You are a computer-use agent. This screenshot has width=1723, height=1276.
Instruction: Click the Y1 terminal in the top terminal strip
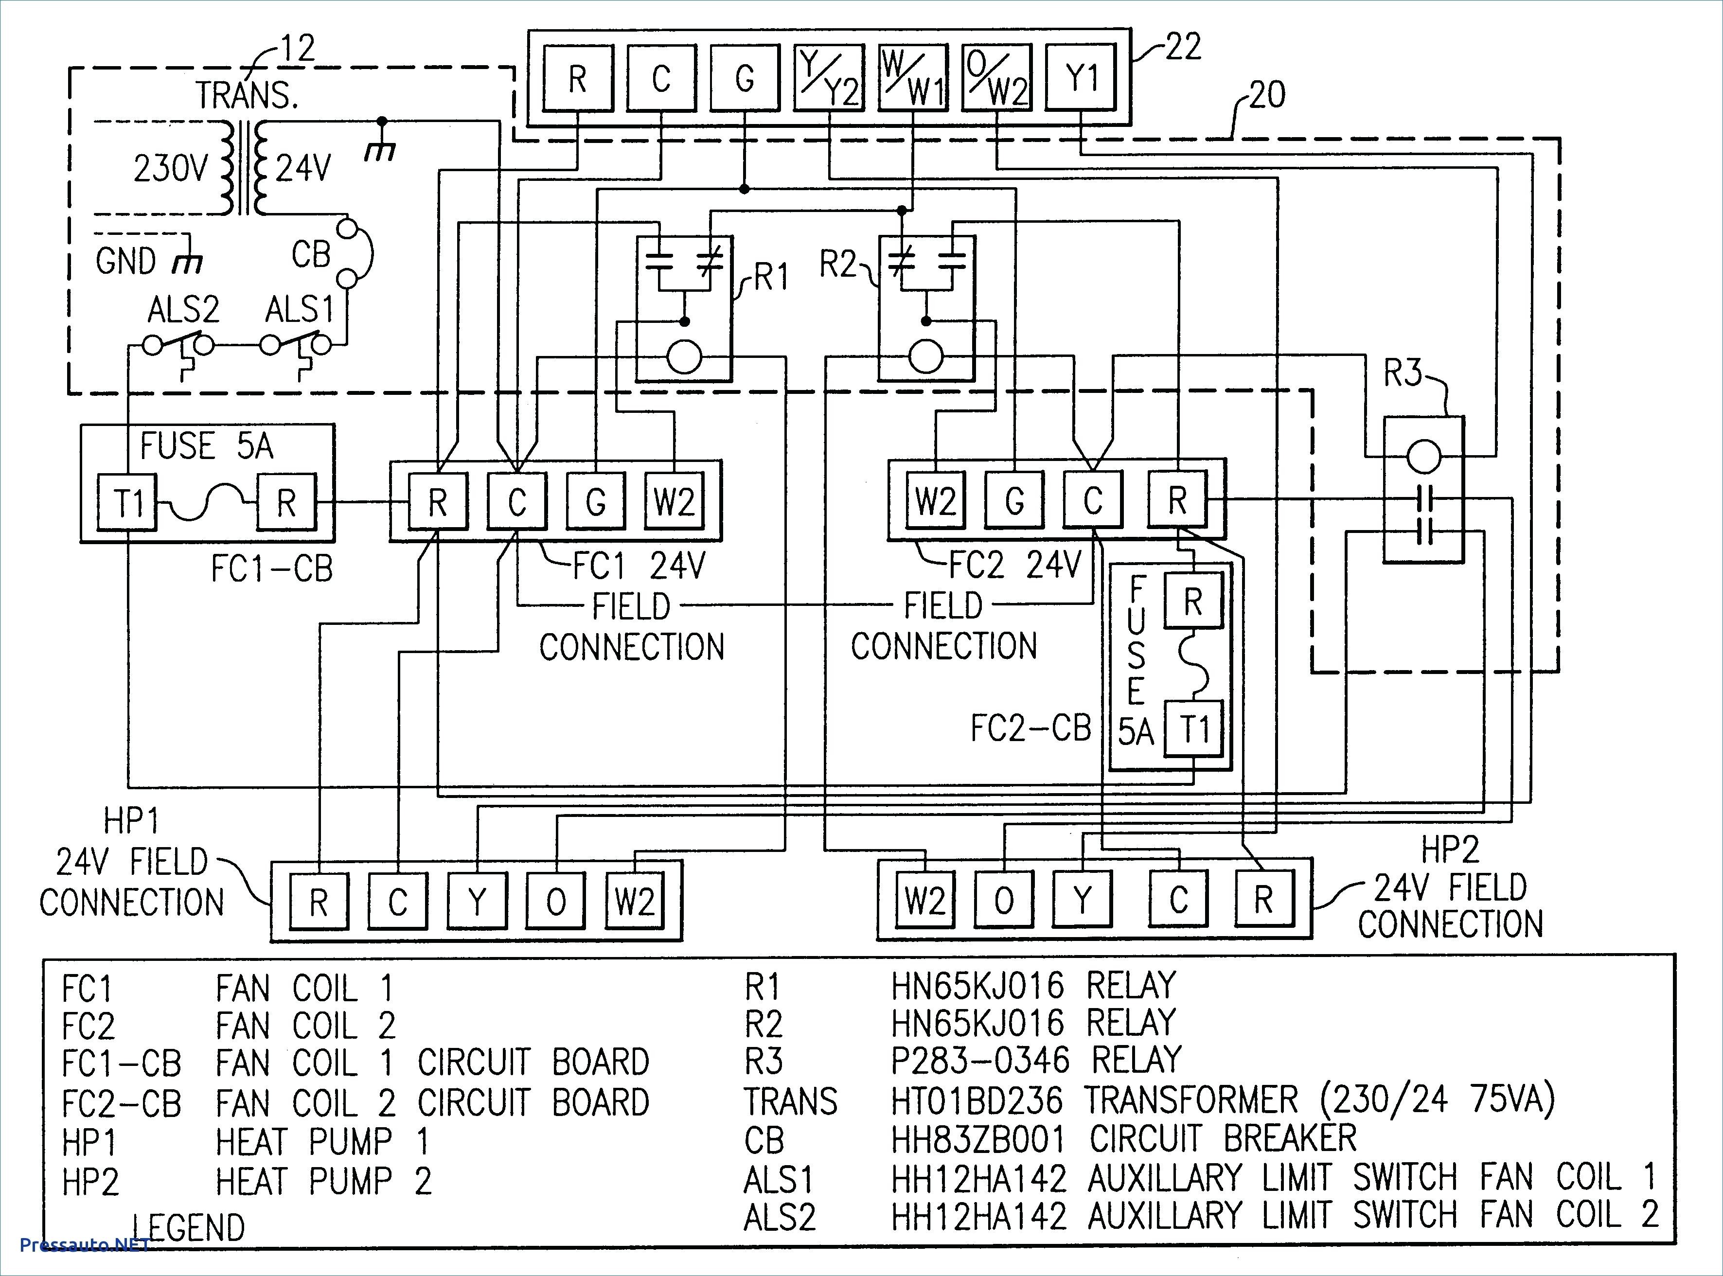point(1079,77)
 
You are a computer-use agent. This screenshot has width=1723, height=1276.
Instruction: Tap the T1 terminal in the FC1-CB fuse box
point(128,503)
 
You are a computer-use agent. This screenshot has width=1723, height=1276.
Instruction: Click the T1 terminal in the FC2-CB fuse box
point(1193,728)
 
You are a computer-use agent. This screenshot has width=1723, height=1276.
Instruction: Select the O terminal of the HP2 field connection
point(1004,899)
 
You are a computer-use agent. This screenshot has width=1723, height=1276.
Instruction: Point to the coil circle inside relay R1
point(683,357)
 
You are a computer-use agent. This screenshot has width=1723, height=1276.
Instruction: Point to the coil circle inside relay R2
point(926,357)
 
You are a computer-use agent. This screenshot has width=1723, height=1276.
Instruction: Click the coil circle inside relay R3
point(1423,457)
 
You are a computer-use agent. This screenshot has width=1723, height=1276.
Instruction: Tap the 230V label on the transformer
point(171,168)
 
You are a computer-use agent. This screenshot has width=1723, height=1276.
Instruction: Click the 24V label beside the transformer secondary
point(303,168)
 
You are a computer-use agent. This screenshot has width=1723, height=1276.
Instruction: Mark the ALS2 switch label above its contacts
point(183,310)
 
